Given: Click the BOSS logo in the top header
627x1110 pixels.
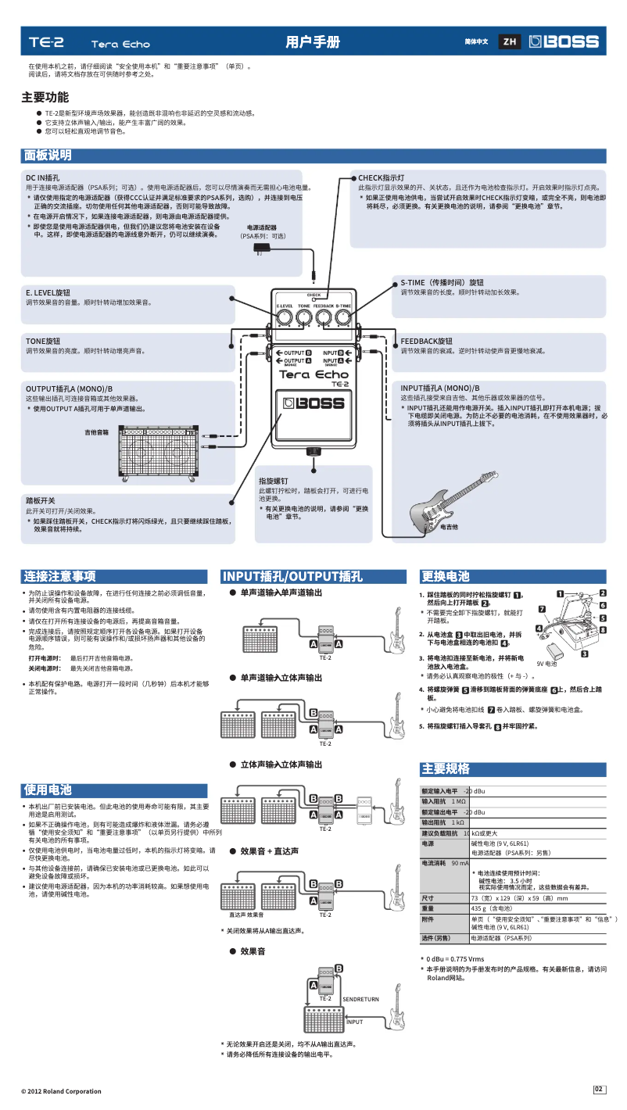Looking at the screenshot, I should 564,41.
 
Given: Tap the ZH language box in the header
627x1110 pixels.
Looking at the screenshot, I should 510,41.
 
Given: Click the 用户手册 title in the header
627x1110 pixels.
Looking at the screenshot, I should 313,42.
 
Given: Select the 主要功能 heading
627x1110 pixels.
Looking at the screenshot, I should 45,98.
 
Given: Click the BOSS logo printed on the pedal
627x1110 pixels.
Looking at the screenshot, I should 313,404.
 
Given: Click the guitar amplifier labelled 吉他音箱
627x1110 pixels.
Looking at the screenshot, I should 157,454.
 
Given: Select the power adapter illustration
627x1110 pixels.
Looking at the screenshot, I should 262,249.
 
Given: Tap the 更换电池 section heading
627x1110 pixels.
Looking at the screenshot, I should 446,576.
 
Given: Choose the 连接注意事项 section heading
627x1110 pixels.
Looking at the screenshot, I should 59,576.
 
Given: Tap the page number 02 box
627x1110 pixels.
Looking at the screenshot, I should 599,1090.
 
